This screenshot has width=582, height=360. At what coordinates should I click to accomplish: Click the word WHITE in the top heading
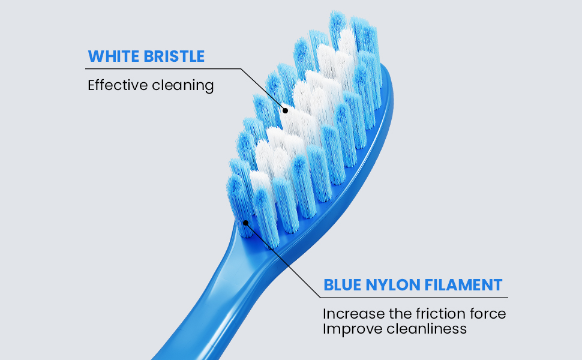tap(113, 56)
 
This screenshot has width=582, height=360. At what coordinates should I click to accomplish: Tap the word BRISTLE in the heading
tap(174, 56)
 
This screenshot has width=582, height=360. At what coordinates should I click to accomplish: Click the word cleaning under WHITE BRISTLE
tap(182, 85)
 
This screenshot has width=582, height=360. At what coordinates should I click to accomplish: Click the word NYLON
tap(394, 284)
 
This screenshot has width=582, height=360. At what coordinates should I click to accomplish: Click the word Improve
tap(347, 329)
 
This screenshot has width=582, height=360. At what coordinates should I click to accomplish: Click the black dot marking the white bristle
tap(285, 110)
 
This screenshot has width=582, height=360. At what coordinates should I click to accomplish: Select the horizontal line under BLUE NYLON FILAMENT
tap(414, 297)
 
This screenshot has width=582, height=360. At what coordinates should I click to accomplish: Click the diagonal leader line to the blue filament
tap(282, 262)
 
